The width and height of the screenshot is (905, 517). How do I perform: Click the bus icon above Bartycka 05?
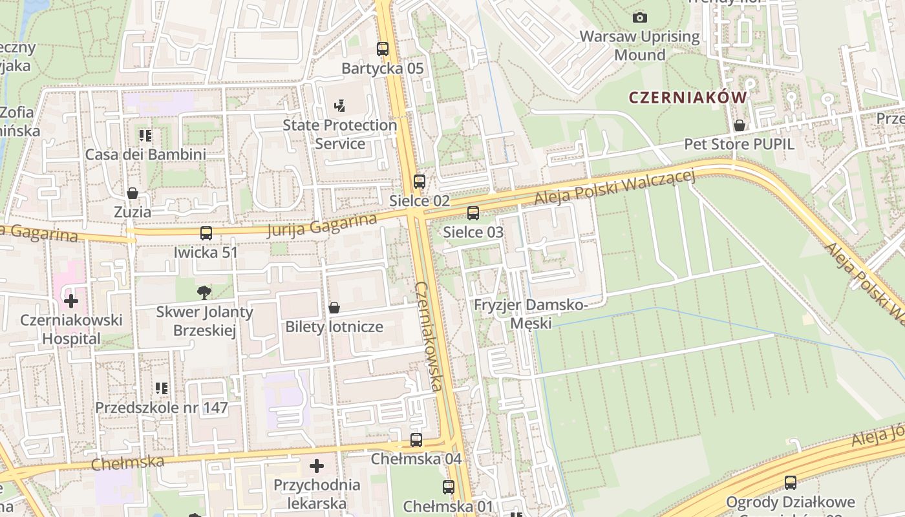coord(383,49)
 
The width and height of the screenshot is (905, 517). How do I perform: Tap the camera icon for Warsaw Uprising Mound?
coord(640,17)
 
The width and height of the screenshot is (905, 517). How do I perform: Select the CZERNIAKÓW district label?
coord(687,98)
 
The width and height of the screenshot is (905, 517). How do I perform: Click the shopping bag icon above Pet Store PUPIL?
coord(739,125)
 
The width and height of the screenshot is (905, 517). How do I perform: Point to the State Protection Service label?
coord(340,134)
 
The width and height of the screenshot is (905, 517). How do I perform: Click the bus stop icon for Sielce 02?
coord(420,182)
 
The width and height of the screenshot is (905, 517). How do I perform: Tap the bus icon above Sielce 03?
coord(473,213)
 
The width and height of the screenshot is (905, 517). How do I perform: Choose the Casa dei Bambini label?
coord(145,154)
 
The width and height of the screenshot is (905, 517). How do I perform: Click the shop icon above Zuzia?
coord(133,193)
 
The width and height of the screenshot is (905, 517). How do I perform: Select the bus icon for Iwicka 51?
coord(206,233)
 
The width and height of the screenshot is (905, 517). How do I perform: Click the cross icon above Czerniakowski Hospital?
coord(70,301)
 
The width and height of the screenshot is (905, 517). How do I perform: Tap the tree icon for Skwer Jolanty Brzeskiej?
coord(204,293)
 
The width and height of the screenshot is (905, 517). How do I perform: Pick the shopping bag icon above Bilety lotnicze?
coord(334,308)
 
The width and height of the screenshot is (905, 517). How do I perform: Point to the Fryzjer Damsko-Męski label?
coord(530,313)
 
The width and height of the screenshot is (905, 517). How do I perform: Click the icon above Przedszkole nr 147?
coord(162,388)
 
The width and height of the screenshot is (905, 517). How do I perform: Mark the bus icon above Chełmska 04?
coord(416,440)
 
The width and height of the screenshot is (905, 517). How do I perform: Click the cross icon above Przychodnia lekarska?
coord(317,465)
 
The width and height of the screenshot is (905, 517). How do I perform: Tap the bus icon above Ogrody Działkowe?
coord(790,482)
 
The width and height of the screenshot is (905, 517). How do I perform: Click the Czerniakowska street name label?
coord(429,336)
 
